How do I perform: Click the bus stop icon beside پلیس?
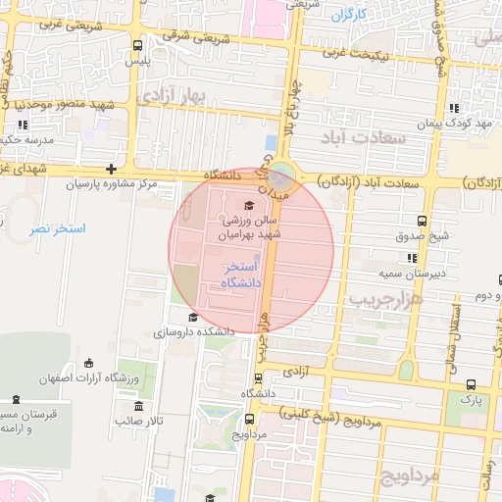pos(136,45)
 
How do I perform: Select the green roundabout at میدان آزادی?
pos(281,177)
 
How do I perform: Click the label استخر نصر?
pos(57,228)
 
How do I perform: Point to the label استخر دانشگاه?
pos(241,275)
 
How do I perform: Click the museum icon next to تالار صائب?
pos(138,406)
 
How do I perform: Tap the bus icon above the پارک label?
pos(471,385)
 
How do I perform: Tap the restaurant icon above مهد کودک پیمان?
pos(452,109)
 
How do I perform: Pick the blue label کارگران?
pos(348,15)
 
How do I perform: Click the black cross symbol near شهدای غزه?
pos(111,169)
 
